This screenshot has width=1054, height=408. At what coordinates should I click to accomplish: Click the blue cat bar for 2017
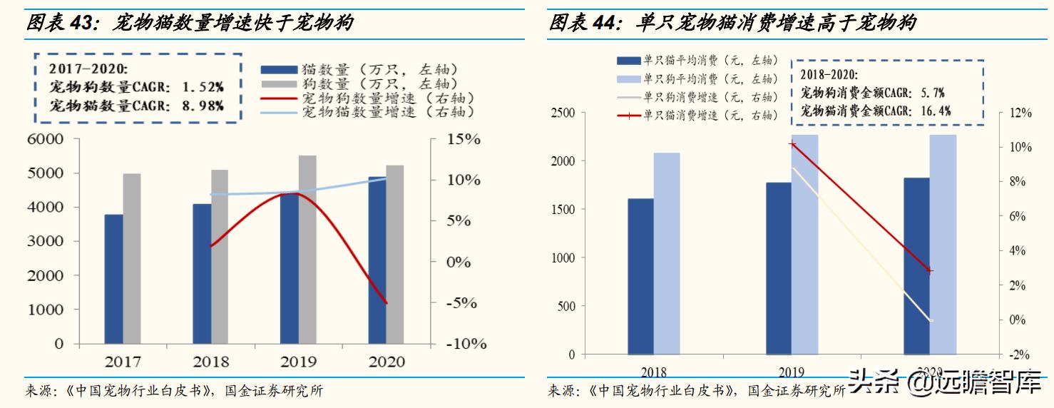[114, 279]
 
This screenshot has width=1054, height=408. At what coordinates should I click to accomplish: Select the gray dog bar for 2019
[307, 250]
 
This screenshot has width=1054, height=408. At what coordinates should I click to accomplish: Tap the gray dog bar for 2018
[220, 257]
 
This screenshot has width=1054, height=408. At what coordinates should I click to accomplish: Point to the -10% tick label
[466, 344]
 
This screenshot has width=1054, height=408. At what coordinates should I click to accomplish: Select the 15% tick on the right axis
[464, 139]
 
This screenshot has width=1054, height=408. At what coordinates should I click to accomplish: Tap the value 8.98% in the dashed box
[203, 106]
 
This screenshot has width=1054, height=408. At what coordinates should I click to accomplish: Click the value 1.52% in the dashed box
[203, 87]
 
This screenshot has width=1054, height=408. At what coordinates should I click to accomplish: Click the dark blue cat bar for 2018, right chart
[640, 276]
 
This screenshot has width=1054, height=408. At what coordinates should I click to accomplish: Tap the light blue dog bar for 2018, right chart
[667, 253]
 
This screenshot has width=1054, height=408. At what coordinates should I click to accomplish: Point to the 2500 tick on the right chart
[563, 113]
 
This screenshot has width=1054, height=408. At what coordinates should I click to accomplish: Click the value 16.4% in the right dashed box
[935, 111]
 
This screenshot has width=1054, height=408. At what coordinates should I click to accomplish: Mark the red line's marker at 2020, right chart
[930, 271]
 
